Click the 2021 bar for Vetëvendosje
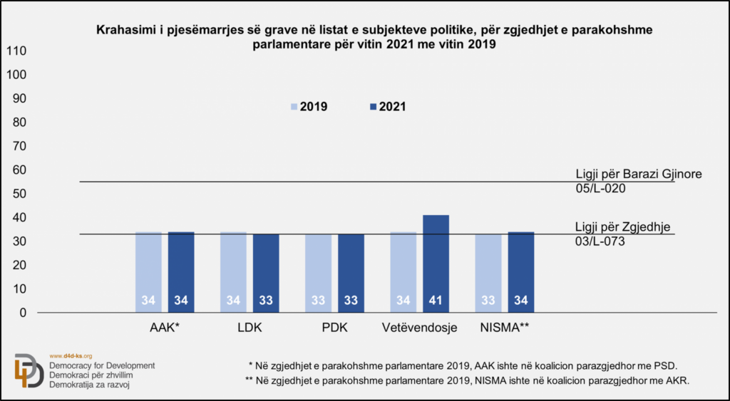(x=436, y=264)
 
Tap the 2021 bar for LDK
(x=266, y=274)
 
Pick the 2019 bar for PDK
(x=318, y=274)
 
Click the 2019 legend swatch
(x=294, y=107)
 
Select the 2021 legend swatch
(x=372, y=107)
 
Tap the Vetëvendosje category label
(x=419, y=328)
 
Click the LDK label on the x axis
(x=250, y=328)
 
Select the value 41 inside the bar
(x=436, y=301)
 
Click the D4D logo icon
(x=29, y=370)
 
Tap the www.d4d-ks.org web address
(x=71, y=355)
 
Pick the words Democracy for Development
(x=102, y=365)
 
